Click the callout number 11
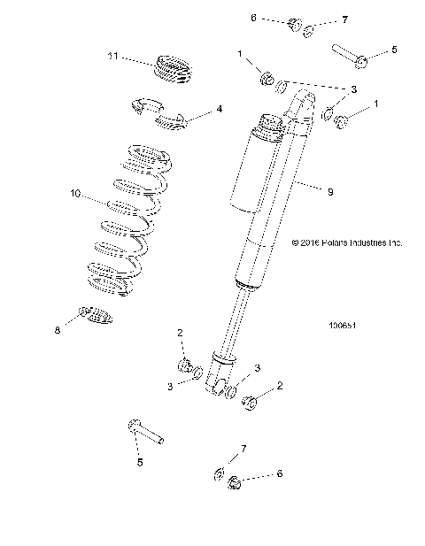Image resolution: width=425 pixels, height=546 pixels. [112, 57]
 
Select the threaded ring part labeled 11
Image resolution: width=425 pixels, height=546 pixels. [172, 69]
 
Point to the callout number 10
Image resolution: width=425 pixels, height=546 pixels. [74, 192]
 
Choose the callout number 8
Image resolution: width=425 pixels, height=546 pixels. [58, 329]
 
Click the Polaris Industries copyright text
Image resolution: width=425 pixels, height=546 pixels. [347, 242]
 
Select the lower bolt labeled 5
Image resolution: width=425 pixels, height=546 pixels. [145, 433]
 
